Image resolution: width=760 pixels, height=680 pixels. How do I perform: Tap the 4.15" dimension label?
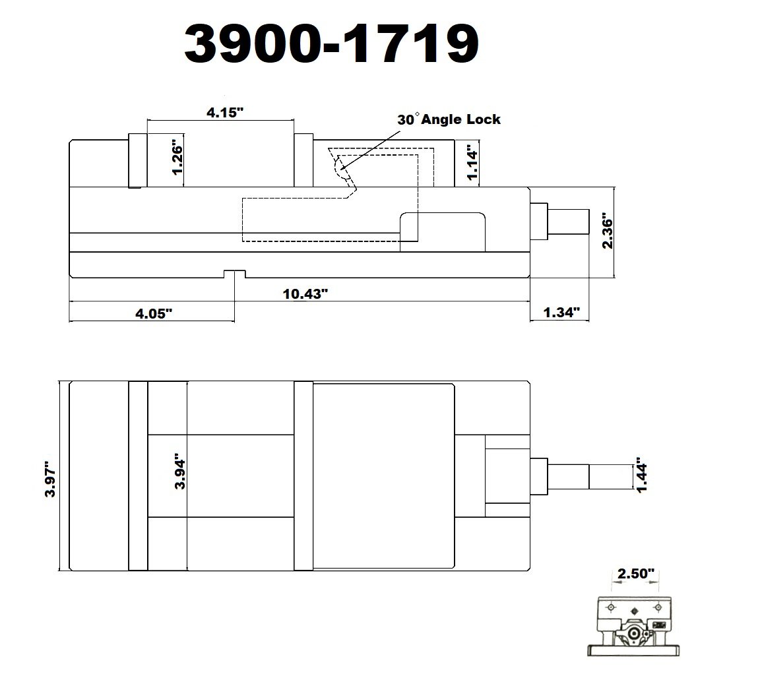click(x=225, y=112)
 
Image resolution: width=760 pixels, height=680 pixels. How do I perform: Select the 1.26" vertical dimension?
click(x=177, y=160)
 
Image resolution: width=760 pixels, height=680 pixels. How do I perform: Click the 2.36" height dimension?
click(x=608, y=230)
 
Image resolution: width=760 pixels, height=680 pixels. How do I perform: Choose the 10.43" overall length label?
click(x=305, y=294)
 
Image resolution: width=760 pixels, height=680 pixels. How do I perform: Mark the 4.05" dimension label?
click(x=154, y=313)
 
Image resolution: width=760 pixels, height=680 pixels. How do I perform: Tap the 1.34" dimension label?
click(x=561, y=312)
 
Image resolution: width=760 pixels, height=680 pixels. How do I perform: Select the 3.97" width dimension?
click(x=50, y=479)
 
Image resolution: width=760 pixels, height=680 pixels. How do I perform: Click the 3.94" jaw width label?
click(x=180, y=471)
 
